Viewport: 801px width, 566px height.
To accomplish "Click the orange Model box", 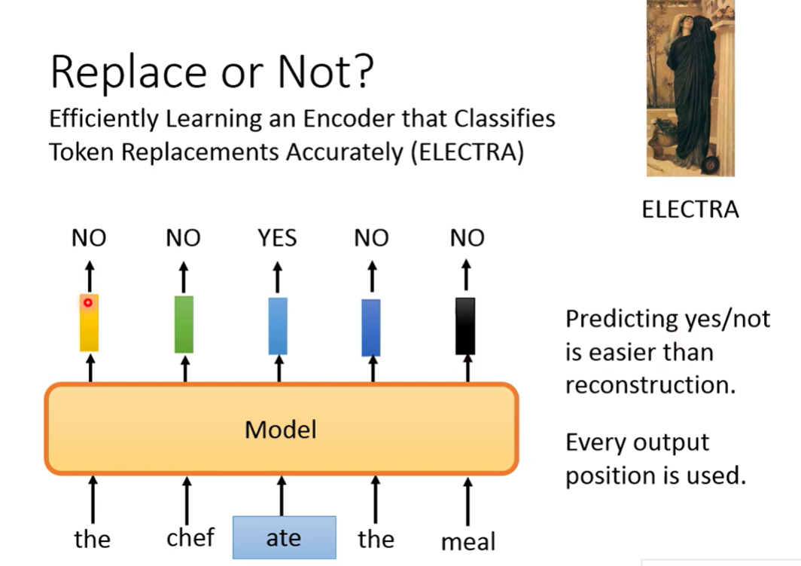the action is click(281, 429).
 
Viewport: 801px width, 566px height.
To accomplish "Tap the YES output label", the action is click(277, 239).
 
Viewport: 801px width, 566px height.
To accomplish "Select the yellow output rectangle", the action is click(89, 323).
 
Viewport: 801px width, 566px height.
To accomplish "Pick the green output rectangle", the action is click(184, 324).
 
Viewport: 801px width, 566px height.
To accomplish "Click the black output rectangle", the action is click(465, 326).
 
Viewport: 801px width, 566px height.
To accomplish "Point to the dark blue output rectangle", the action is click(370, 327).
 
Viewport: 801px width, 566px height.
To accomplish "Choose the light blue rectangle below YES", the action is click(278, 326).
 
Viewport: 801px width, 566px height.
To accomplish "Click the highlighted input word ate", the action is click(284, 537).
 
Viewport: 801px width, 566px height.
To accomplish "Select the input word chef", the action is click(190, 537).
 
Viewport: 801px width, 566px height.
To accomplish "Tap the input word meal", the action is click(468, 541).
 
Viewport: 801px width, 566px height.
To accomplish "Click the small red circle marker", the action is click(87, 302).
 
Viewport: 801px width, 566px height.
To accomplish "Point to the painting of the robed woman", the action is click(690, 88).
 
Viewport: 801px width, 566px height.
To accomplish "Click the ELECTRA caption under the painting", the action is click(690, 210).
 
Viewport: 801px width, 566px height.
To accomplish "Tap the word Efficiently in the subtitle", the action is click(103, 119).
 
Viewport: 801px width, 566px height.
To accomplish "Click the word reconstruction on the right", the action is click(650, 384).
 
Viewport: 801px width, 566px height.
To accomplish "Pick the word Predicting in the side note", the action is click(613, 319).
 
